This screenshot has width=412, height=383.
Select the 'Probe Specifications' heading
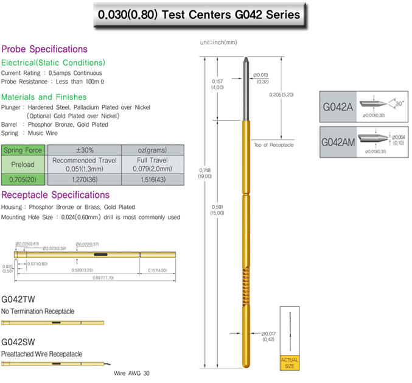coord(44,49)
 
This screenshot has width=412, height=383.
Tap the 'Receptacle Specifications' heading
coord(55,195)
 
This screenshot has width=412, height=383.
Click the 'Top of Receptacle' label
coord(273,144)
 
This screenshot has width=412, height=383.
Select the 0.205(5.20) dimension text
coord(282,95)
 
